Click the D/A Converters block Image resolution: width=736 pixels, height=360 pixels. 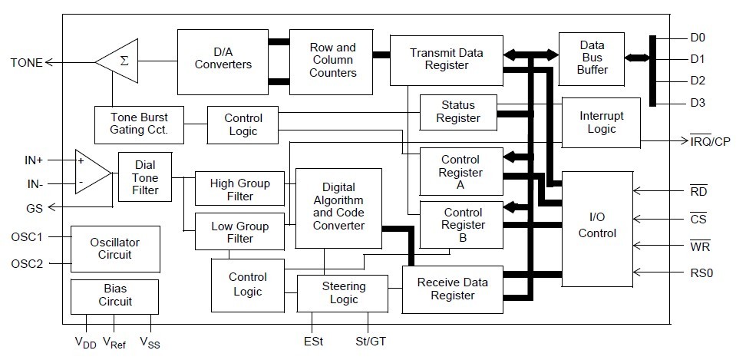pyautogui.click(x=223, y=58)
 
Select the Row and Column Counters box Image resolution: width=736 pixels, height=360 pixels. pyautogui.click(x=332, y=60)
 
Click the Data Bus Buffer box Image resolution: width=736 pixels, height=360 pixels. pyautogui.click(x=592, y=58)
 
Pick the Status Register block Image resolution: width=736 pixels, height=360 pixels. pyautogui.click(x=458, y=112)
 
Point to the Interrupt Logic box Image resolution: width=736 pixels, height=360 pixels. pyautogui.click(x=601, y=122)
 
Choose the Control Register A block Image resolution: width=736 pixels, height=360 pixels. pyautogui.click(x=460, y=173)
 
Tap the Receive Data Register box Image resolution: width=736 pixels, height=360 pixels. pyautogui.click(x=451, y=289)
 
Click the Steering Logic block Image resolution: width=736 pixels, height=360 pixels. pyautogui.click(x=344, y=292)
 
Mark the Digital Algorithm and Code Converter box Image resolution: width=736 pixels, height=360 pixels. pyautogui.click(x=338, y=207)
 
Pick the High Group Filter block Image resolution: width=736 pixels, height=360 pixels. pyautogui.click(x=240, y=190)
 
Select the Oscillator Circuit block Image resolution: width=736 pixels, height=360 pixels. pyautogui.click(x=114, y=249)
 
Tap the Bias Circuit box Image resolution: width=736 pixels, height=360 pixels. pyautogui.click(x=114, y=296)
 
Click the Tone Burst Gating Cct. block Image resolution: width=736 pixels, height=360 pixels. pyautogui.click(x=138, y=124)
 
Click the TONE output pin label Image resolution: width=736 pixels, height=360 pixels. pyautogui.click(x=26, y=62)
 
